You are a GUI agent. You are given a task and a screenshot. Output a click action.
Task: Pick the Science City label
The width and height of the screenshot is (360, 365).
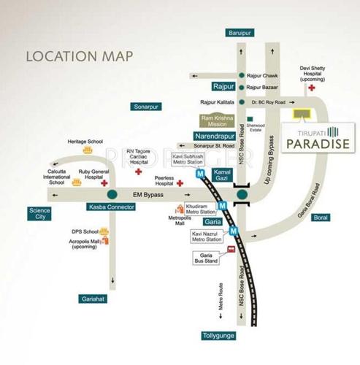tap(40, 214)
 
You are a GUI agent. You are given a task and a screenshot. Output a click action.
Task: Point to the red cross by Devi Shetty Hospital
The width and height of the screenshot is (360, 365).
tap(312, 88)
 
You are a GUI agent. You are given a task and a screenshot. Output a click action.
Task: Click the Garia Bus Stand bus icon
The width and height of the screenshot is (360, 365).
tap(231, 249)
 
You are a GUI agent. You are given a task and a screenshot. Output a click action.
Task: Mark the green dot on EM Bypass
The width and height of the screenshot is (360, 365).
tap(112, 195)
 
